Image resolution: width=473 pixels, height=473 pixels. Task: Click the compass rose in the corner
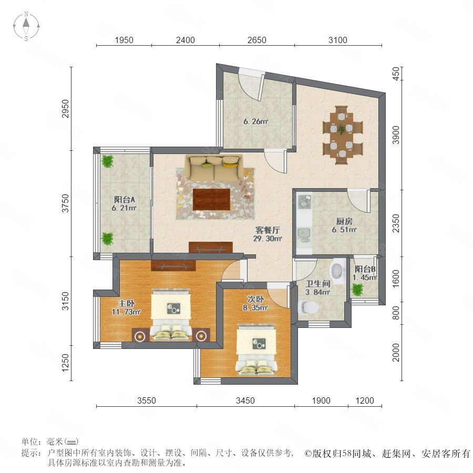click(26, 26)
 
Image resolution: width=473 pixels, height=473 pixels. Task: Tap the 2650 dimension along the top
click(256, 40)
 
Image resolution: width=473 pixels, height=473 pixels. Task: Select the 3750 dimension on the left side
click(66, 203)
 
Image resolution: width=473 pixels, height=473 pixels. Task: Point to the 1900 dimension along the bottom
click(321, 400)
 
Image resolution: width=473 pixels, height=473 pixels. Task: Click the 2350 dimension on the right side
click(396, 223)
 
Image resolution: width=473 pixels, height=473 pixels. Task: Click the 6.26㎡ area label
click(256, 121)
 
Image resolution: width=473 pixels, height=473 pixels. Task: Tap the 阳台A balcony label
click(124, 199)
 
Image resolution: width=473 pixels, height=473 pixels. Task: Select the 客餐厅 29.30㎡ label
click(268, 234)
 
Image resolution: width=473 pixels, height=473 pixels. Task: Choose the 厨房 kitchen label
click(344, 225)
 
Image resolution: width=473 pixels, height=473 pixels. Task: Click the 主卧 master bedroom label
click(126, 303)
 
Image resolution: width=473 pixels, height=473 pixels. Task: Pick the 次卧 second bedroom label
click(255, 299)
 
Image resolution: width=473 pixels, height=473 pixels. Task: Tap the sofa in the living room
click(214, 168)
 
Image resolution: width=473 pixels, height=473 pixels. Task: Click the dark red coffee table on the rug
click(211, 199)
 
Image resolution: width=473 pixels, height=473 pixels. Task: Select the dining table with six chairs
click(342, 135)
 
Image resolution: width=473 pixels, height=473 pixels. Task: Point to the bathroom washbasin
click(338, 271)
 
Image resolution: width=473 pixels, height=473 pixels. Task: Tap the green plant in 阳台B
click(358, 290)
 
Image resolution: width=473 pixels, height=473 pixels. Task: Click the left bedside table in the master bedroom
click(140, 335)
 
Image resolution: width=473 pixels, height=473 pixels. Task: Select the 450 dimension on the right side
click(396, 74)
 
